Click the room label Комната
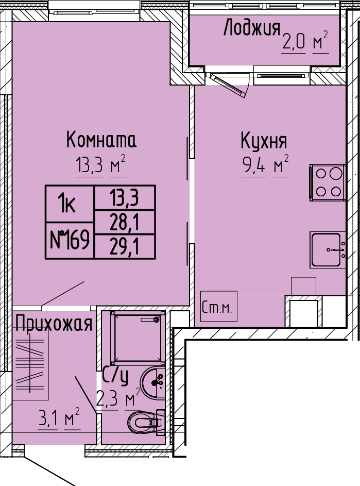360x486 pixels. pos(101,140)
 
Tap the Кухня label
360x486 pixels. pos(264,142)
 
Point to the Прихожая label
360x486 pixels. pos(54,324)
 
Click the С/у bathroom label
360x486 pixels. pos(115,376)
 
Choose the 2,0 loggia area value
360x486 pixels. pos(294,42)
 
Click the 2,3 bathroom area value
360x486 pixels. pos(107,398)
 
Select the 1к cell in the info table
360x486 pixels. pos(70,204)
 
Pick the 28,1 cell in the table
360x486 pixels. pos(125,222)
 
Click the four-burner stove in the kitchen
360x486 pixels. pos(328,182)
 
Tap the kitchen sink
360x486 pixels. pos(328,250)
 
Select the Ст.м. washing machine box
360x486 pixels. pos(219,306)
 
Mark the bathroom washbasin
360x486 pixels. pos(153,382)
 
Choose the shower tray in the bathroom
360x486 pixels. pos(137,337)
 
